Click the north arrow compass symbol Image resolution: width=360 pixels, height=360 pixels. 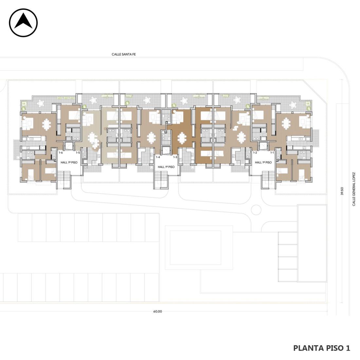pyautogui.click(x=23, y=23)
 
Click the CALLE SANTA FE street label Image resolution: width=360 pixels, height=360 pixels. pyautogui.click(x=123, y=54)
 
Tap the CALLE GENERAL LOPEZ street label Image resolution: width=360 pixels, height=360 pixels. pyautogui.click(x=354, y=189)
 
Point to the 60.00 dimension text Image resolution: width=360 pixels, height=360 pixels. pyautogui.click(x=157, y=312)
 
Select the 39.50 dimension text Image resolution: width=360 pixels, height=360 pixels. pyautogui.click(x=342, y=191)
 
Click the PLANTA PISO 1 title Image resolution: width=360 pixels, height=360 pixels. pyautogui.click(x=322, y=348)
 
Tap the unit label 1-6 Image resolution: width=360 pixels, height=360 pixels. pyautogui.click(x=61, y=153)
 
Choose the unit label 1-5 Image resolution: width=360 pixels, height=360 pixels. pyautogui.click(x=78, y=153)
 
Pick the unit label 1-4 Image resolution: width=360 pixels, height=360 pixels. pyautogui.click(x=158, y=157)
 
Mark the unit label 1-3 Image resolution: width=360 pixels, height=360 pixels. pyautogui.click(x=175, y=157)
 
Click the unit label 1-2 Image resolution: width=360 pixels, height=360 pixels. pyautogui.click(x=255, y=153)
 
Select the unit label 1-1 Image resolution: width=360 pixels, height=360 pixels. pyautogui.click(x=272, y=153)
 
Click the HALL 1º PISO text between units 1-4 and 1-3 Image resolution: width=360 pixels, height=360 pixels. pyautogui.click(x=166, y=167)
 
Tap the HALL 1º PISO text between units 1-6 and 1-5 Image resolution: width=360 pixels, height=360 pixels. pyautogui.click(x=69, y=162)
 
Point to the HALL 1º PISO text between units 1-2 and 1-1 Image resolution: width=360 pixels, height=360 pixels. pyautogui.click(x=263, y=162)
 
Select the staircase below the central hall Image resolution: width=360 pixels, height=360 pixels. pyautogui.click(x=162, y=180)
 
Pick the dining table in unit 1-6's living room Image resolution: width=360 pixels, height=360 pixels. pyautogui.click(x=46, y=125)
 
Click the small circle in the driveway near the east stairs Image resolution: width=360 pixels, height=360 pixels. pyautogui.click(x=256, y=210)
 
